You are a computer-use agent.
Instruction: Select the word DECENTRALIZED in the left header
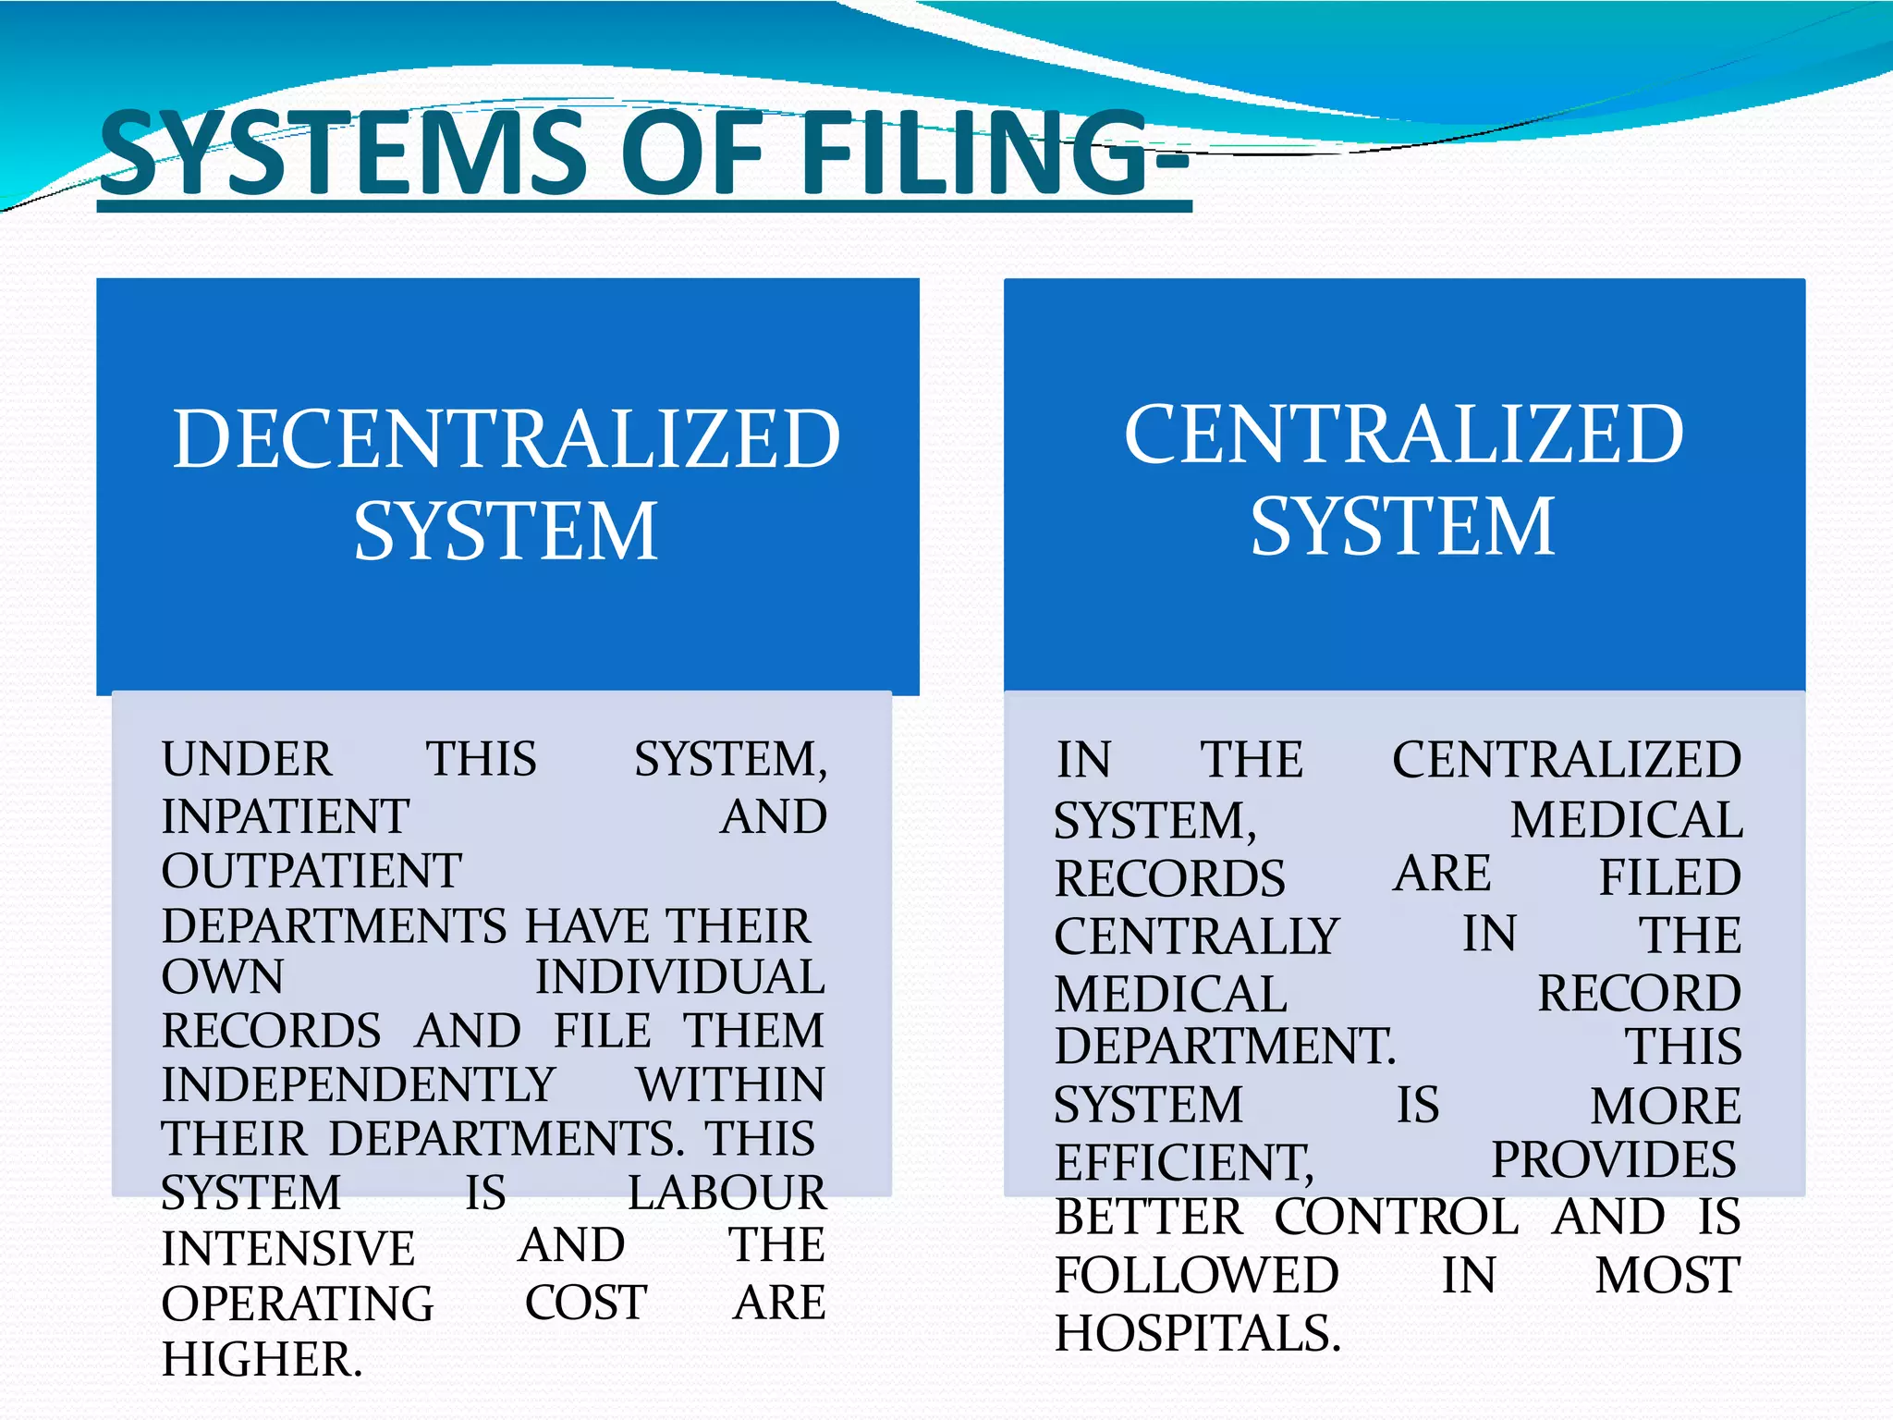507,438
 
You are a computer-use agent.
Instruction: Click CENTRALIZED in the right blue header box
1404,434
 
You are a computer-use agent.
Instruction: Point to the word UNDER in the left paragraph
247,759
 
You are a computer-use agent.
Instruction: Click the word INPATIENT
286,816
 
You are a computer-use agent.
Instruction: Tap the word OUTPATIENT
311,871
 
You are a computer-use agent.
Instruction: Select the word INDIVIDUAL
680,977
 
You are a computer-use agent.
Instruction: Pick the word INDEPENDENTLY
359,1084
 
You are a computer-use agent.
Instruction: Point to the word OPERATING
298,1304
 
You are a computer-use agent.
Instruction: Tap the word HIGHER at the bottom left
263,1359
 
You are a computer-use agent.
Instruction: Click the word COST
586,1303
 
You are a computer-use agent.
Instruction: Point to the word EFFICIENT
1184,1162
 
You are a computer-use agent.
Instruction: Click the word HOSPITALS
1198,1333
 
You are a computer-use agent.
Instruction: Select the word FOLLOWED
1197,1275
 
